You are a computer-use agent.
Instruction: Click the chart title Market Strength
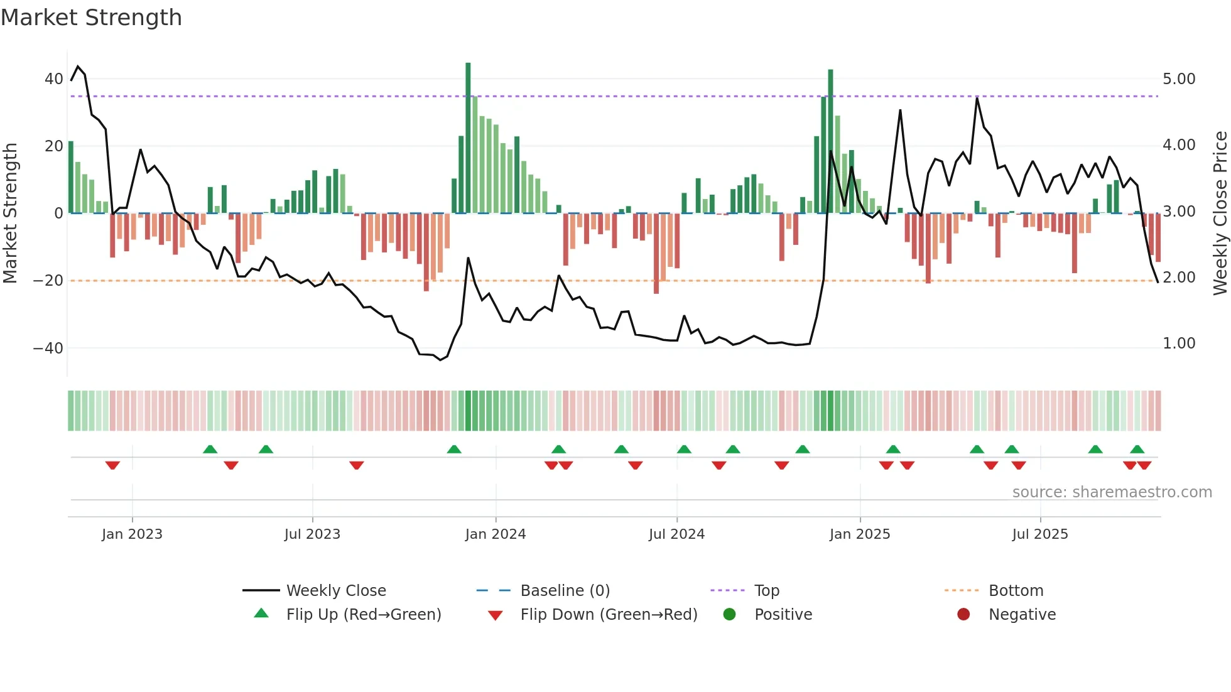click(91, 18)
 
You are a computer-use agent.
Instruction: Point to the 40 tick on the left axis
click(53, 79)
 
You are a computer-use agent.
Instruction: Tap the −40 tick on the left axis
click(48, 348)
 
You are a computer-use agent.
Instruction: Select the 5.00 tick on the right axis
click(1179, 79)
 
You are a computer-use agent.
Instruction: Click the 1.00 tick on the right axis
click(1179, 343)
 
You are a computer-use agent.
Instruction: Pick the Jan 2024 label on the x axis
click(495, 534)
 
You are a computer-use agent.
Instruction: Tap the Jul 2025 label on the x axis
click(1039, 534)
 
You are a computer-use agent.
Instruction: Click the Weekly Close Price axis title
click(1220, 213)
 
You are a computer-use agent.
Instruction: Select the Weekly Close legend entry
click(336, 591)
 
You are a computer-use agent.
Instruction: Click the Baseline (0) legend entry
click(565, 591)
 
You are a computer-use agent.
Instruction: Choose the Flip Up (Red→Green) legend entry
click(364, 615)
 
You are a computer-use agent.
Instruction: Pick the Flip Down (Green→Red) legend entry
click(609, 615)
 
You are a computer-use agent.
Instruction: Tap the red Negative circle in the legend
click(963, 614)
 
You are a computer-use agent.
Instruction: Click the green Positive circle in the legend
click(729, 614)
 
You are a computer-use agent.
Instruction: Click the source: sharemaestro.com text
click(1112, 492)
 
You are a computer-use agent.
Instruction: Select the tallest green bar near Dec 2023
click(468, 138)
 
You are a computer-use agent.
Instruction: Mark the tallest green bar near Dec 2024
click(830, 141)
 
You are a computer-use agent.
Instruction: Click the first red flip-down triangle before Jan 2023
click(112, 465)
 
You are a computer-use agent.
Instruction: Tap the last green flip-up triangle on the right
click(1137, 450)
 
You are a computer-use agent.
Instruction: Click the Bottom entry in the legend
click(1016, 591)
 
